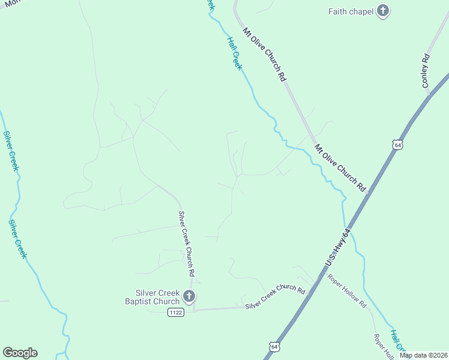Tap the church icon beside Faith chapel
(383, 11)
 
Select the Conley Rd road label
(426, 71)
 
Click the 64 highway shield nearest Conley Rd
(397, 145)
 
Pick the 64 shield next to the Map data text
(274, 347)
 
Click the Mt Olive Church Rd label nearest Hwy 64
(340, 167)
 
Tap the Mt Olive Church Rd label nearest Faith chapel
(263, 54)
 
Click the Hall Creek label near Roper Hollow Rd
(398, 340)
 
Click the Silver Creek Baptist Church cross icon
(188, 296)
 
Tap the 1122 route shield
(176, 313)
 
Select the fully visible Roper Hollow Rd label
(347, 291)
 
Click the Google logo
(20, 352)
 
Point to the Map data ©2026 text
(424, 355)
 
